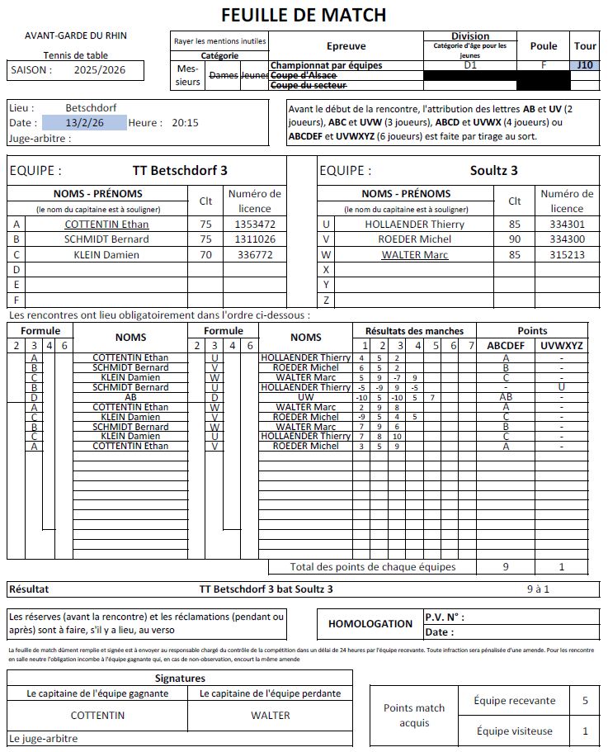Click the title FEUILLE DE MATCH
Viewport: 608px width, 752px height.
tap(304, 15)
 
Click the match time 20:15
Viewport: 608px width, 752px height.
tap(185, 123)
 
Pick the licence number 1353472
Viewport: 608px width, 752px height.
tap(254, 224)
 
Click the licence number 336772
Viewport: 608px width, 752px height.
tap(254, 255)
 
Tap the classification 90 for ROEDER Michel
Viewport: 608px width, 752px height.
tap(515, 239)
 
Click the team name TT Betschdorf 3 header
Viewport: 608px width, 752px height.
tap(180, 171)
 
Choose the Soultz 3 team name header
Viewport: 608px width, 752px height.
tap(493, 171)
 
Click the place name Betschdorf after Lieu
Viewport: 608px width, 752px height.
tap(91, 107)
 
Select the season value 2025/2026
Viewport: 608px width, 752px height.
tap(99, 70)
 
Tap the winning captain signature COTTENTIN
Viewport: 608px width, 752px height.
tap(97, 715)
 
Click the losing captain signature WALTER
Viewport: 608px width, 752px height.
tap(271, 715)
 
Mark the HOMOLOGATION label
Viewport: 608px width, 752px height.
tap(370, 624)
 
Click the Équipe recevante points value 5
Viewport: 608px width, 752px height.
tap(585, 701)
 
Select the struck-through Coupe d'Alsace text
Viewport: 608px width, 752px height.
tap(304, 75)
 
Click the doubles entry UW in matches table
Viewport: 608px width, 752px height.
tap(306, 397)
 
